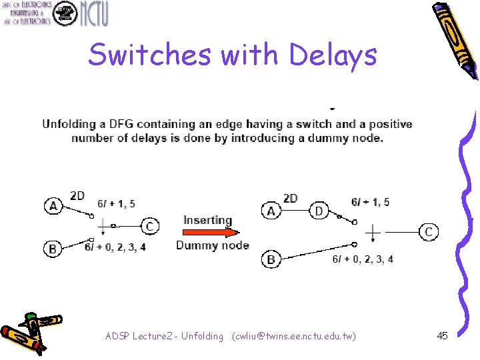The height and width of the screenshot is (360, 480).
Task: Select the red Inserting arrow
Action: pyautogui.click(x=208, y=233)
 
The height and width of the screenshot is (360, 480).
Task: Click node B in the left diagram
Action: pyautogui.click(x=53, y=249)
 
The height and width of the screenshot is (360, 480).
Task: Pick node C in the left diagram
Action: pyautogui.click(x=151, y=227)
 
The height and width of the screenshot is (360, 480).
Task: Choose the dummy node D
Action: pyautogui.click(x=319, y=211)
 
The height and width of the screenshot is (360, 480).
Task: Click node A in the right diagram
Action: pyautogui.click(x=271, y=211)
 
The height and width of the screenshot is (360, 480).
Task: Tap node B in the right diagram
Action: pyautogui.click(x=271, y=259)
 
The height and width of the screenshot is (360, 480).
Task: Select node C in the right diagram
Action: pyautogui.click(x=429, y=231)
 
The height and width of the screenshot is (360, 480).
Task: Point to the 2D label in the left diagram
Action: pyautogui.click(x=77, y=195)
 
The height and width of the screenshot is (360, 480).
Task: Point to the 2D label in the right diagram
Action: pyautogui.click(x=291, y=198)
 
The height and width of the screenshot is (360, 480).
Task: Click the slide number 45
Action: pyautogui.click(x=442, y=336)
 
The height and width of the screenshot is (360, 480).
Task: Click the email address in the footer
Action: pyautogui.click(x=293, y=336)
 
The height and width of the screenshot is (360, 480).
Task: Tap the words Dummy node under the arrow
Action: pyautogui.click(x=212, y=245)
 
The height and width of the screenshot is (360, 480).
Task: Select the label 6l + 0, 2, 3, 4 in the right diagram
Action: pyautogui.click(x=363, y=259)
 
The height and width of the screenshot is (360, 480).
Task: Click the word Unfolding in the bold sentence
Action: pyautogui.click(x=69, y=124)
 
